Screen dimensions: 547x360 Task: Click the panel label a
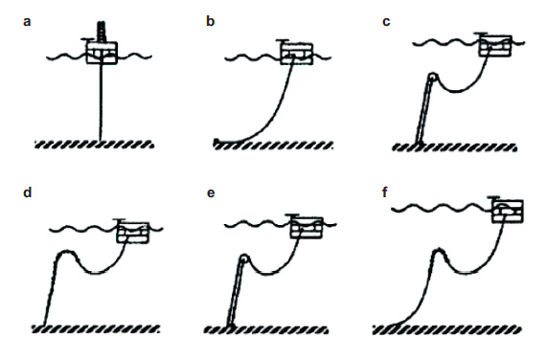(27, 22)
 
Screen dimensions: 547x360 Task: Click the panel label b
(210, 21)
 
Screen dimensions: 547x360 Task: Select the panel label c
(386, 22)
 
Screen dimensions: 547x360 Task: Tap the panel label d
(27, 192)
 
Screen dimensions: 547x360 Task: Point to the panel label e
(211, 193)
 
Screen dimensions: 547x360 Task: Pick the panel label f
(385, 192)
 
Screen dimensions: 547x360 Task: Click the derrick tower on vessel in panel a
(102, 32)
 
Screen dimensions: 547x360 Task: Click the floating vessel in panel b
(297, 54)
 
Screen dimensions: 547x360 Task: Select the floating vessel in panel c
(495, 45)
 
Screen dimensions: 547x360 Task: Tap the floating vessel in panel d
(133, 232)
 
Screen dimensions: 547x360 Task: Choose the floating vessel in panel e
(307, 227)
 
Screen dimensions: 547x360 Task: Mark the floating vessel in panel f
(507, 211)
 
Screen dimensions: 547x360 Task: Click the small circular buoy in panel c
(433, 77)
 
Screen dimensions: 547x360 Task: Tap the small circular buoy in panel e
(243, 259)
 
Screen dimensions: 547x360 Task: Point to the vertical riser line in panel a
(102, 101)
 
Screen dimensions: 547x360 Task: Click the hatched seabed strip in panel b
(274, 145)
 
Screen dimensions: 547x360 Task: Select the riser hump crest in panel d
(64, 252)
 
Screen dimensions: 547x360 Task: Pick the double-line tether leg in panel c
(424, 111)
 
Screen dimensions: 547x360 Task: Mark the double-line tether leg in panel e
(236, 293)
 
